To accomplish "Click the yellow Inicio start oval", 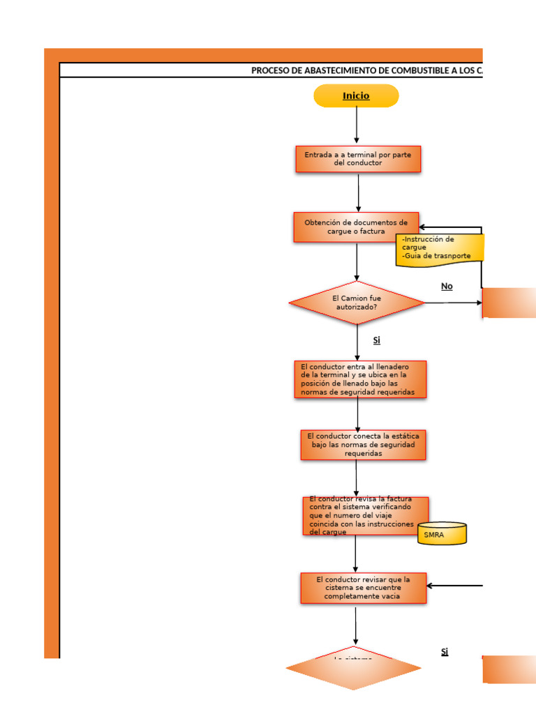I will (x=356, y=96).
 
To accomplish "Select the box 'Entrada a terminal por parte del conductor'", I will (x=358, y=159).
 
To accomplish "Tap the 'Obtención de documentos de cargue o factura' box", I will (x=356, y=227).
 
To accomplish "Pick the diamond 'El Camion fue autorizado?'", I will (x=357, y=303).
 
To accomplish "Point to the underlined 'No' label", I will (x=447, y=287).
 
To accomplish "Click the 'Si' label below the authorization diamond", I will (x=376, y=340).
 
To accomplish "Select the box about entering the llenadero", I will (x=359, y=379).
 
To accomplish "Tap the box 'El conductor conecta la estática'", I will (x=363, y=445).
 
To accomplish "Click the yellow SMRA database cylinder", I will (x=442, y=533).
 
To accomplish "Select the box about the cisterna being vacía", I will (x=363, y=588).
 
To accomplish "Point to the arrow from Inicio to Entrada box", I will (x=357, y=126).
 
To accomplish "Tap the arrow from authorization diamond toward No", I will (x=454, y=303).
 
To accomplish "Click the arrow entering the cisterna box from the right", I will (x=454, y=586).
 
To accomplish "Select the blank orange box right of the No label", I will (x=509, y=303).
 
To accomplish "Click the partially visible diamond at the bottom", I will (x=353, y=669).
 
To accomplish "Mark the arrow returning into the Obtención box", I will (x=450, y=228).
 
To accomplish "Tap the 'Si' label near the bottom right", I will (x=445, y=652).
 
